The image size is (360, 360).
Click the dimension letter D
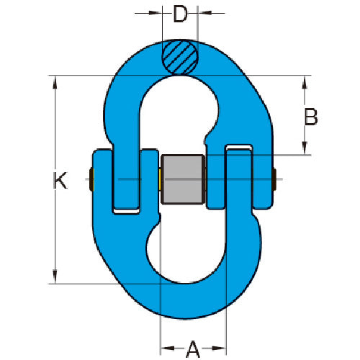(180, 14)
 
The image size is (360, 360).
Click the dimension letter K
(60, 180)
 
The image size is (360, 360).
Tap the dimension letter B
(311, 117)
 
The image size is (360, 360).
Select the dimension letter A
(193, 348)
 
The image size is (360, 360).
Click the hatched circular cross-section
(180, 58)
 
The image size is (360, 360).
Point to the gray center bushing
(182, 179)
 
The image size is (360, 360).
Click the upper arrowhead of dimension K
(55, 82)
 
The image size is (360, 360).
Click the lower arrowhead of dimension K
(55, 276)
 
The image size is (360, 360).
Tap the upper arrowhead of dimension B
(305, 82)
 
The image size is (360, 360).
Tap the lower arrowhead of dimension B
(305, 148)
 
